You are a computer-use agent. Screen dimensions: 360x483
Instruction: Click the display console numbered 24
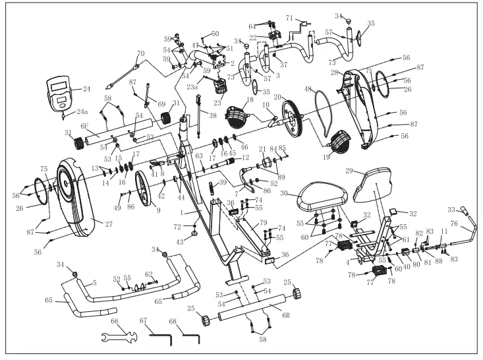(x=59, y=92)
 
